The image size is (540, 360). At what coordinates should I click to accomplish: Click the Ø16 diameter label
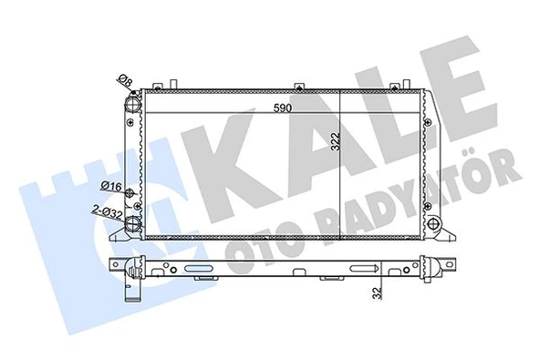click(x=111, y=188)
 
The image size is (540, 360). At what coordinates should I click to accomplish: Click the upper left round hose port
click(x=133, y=106)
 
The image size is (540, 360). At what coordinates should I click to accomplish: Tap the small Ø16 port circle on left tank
click(x=133, y=194)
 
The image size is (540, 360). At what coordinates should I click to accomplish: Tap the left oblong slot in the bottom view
click(x=199, y=269)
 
